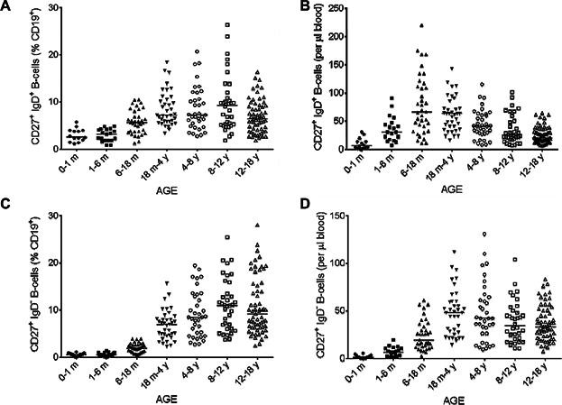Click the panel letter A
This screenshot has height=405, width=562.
pyautogui.click(x=6, y=7)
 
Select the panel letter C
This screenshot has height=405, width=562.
pyautogui.click(x=6, y=211)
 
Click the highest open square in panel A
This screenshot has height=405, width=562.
pyautogui.click(x=228, y=24)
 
